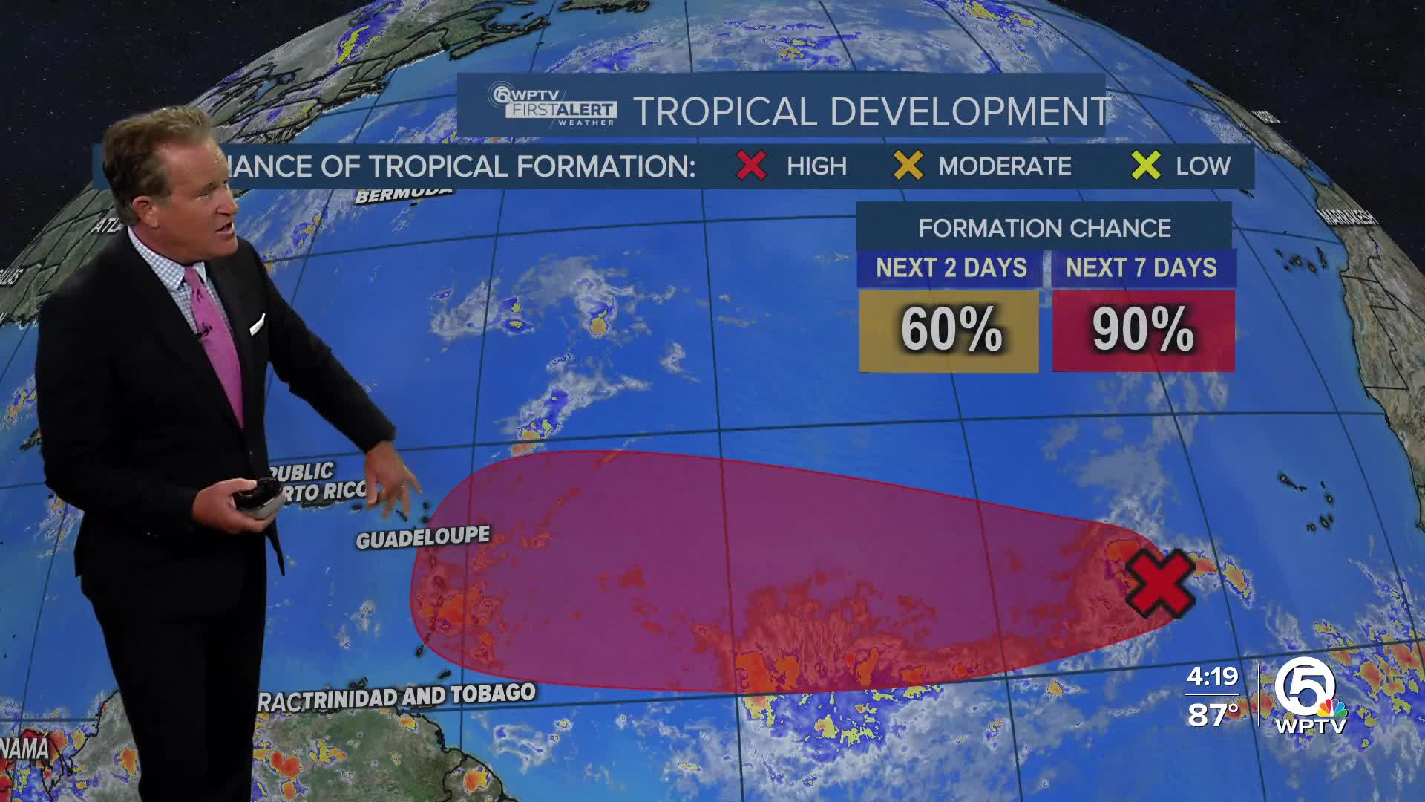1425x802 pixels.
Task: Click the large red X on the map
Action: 1159,584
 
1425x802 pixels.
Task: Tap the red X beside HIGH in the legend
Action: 751,165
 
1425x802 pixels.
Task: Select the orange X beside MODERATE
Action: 908,165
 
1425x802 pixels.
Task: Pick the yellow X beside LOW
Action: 1145,165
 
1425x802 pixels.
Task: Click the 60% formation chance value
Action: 950,330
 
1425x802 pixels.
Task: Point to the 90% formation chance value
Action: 1143,330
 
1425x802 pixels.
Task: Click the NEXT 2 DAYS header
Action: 951,267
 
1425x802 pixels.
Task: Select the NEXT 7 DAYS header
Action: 1141,267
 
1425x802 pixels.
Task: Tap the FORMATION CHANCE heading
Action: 1044,228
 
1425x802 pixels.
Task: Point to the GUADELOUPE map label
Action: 423,537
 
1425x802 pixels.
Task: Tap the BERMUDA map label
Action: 403,195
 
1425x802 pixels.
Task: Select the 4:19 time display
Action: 1212,677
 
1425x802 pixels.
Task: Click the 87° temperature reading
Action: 1212,714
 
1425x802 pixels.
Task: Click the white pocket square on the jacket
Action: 257,325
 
